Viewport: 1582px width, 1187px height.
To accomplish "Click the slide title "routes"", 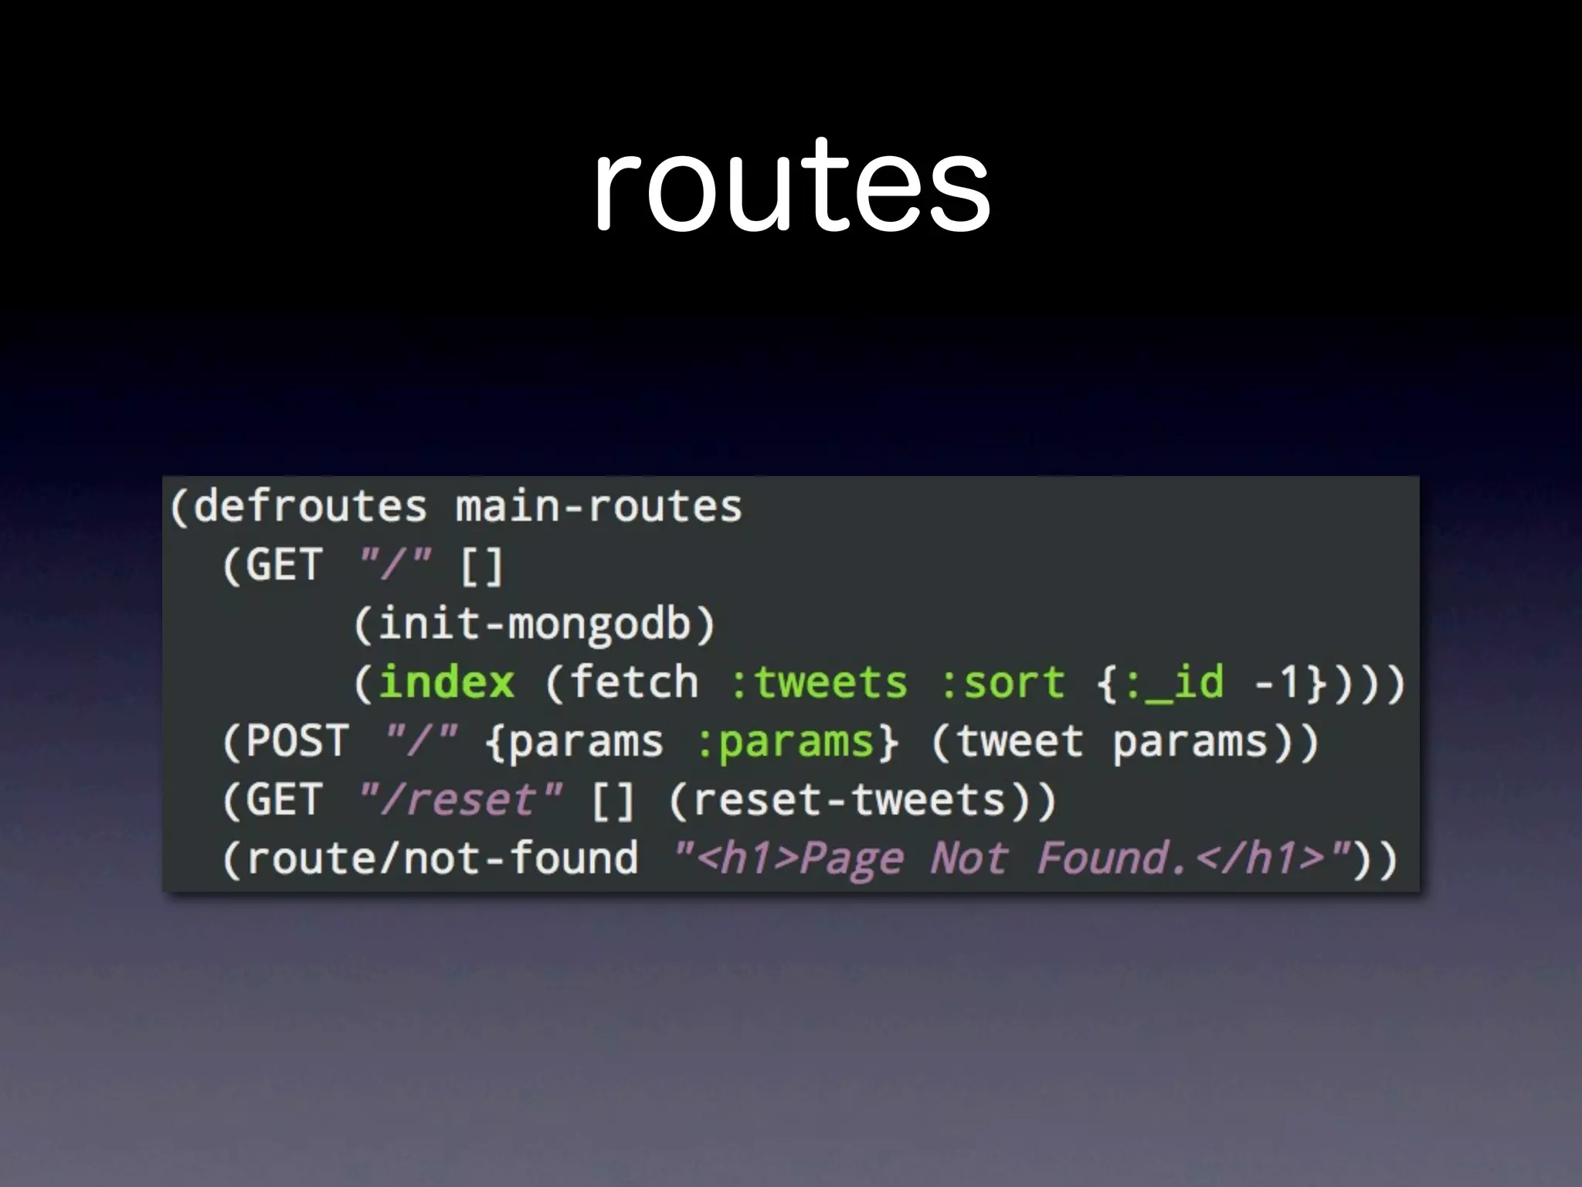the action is (x=791, y=185).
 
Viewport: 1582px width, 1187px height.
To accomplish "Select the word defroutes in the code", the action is (x=310, y=507).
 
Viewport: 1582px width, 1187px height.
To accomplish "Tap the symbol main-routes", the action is (x=599, y=507).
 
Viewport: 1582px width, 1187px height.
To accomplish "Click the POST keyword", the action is (x=297, y=741).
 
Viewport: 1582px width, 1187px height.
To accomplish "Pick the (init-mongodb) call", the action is (x=535, y=624).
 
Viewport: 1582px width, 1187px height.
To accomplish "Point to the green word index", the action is (x=446, y=682).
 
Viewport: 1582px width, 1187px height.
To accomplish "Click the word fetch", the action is (x=633, y=682).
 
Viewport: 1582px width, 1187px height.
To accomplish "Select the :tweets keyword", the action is (x=819, y=682).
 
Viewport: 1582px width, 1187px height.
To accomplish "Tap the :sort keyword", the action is (x=1003, y=682).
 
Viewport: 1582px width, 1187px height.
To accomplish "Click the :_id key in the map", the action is (x=1174, y=682).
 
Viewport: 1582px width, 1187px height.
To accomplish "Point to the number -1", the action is (x=1278, y=682).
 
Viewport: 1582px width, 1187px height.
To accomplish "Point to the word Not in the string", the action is (x=969, y=859).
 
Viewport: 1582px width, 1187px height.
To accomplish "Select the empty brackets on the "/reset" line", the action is (x=613, y=800).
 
